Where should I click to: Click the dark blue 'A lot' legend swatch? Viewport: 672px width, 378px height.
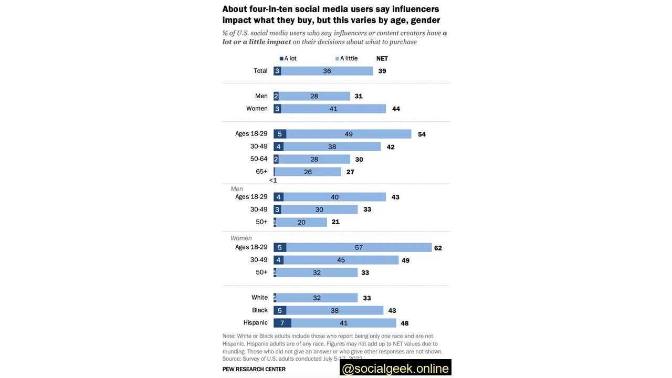(x=281, y=59)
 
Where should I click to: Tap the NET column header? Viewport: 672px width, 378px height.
(x=382, y=59)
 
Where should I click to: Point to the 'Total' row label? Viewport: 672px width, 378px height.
(x=260, y=71)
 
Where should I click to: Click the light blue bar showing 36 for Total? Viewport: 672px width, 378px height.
(x=327, y=71)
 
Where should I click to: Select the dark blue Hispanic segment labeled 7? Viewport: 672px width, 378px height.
(x=282, y=323)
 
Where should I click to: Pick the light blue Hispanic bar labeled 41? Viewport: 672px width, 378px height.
(x=344, y=323)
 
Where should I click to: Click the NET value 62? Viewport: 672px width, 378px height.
(x=438, y=248)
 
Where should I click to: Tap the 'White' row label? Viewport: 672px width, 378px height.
(x=259, y=298)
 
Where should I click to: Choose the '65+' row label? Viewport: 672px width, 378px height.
(x=261, y=172)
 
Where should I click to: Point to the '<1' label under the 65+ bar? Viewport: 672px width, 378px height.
(x=273, y=180)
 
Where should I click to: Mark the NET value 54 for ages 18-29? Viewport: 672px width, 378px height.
(x=422, y=134)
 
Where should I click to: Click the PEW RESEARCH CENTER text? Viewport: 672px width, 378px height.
(x=254, y=369)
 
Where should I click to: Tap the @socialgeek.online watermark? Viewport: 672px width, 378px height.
(x=395, y=368)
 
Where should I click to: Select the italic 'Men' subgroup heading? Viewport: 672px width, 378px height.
(x=237, y=188)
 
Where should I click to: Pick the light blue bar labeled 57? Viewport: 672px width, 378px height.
(x=359, y=247)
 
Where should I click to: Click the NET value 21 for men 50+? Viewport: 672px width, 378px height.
(x=335, y=222)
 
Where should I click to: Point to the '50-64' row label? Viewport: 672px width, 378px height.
(x=259, y=159)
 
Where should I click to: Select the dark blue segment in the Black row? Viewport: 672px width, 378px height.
(x=280, y=310)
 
